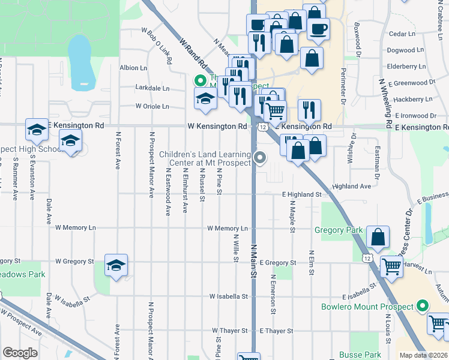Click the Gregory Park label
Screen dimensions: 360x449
339,230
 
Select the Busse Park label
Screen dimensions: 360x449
360,355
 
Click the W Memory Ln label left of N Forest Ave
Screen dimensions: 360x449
76,228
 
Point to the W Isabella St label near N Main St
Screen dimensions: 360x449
229,296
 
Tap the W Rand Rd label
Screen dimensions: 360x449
193,52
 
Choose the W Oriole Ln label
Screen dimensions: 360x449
152,106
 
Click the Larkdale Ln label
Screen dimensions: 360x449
152,88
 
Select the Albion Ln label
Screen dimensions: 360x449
133,68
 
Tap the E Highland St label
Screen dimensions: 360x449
302,194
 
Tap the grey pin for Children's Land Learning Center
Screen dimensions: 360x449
260,158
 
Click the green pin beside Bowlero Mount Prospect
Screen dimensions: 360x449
422,306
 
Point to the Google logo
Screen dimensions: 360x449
19,353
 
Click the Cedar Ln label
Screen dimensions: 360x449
402,34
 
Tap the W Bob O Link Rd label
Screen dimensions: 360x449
157,46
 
